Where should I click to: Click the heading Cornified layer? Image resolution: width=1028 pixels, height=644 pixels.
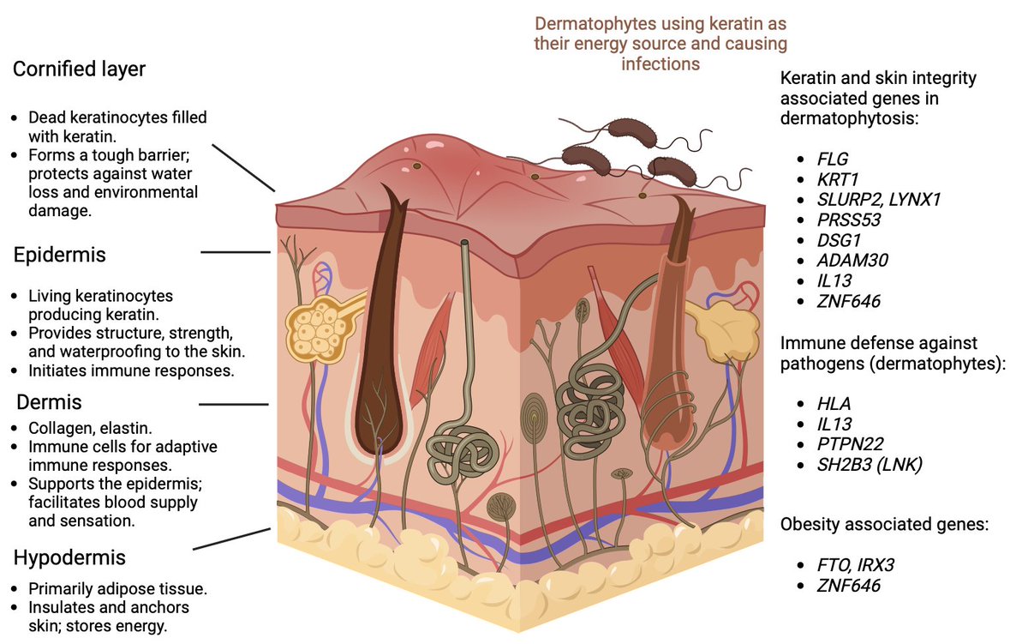(x=79, y=70)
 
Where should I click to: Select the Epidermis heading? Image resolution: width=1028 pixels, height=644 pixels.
(x=59, y=256)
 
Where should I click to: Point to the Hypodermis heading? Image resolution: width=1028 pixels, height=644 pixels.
(x=69, y=557)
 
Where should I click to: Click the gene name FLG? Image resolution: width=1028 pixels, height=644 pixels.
(x=832, y=159)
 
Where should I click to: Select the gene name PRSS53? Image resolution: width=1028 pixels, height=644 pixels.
(x=849, y=220)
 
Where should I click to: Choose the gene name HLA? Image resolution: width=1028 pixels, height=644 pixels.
(x=834, y=403)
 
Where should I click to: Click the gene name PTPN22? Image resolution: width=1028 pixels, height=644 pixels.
(x=849, y=443)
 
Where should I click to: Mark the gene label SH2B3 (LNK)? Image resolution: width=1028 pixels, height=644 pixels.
(x=869, y=464)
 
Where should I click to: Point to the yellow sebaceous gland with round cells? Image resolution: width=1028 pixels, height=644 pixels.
(x=313, y=328)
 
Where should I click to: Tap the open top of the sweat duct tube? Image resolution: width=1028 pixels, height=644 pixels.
(x=463, y=244)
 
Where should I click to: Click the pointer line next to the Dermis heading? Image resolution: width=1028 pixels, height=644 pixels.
(x=234, y=404)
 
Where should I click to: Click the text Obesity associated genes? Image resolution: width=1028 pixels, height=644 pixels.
(x=884, y=524)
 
